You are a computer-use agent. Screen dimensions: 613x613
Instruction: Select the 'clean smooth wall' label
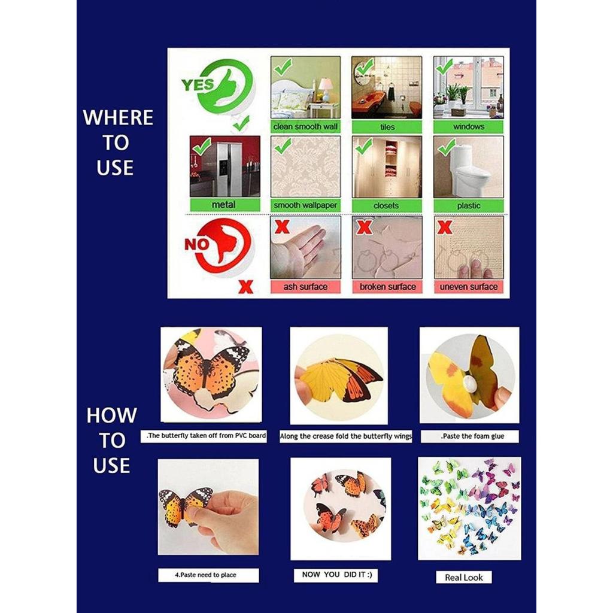click(305, 127)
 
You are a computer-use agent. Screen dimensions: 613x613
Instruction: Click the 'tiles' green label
click(387, 127)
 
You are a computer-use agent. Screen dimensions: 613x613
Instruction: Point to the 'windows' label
click(468, 127)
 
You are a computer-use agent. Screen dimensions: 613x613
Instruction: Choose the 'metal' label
click(224, 205)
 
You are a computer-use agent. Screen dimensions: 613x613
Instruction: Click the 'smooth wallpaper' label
click(305, 205)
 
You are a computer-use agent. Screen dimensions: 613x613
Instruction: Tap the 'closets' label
click(386, 205)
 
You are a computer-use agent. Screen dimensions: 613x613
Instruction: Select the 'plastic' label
click(468, 205)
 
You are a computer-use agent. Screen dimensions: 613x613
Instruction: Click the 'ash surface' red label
click(305, 287)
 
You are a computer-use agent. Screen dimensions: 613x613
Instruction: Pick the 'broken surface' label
click(387, 287)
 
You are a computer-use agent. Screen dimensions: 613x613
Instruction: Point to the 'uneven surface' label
click(469, 287)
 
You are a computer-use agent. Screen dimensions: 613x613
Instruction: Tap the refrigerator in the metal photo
click(229, 169)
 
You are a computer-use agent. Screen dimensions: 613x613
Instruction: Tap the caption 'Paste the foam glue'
click(470, 436)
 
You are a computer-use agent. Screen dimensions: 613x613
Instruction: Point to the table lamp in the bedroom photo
click(325, 87)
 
